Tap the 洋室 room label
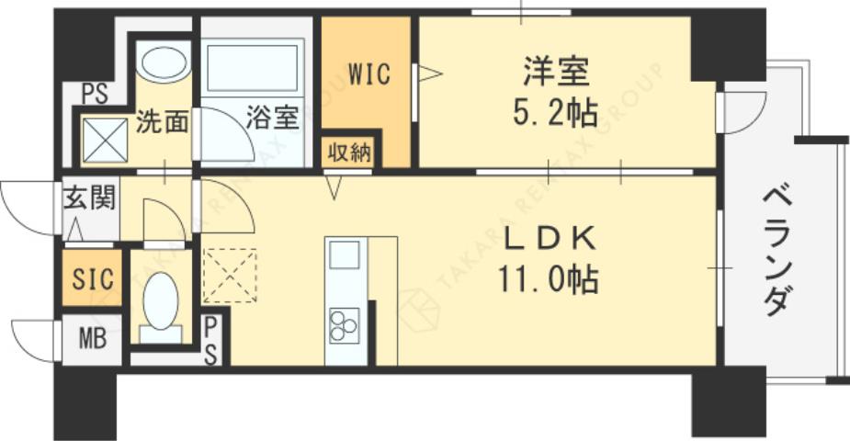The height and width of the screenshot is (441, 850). pyautogui.click(x=557, y=72)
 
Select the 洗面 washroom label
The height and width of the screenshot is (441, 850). pyautogui.click(x=163, y=122)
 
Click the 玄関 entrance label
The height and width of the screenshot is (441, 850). pyautogui.click(x=89, y=198)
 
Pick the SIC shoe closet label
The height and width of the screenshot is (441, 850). pyautogui.click(x=90, y=278)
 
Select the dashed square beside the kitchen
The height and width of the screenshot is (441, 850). pyautogui.click(x=230, y=275)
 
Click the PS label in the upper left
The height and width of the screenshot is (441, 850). pyautogui.click(x=93, y=94)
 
